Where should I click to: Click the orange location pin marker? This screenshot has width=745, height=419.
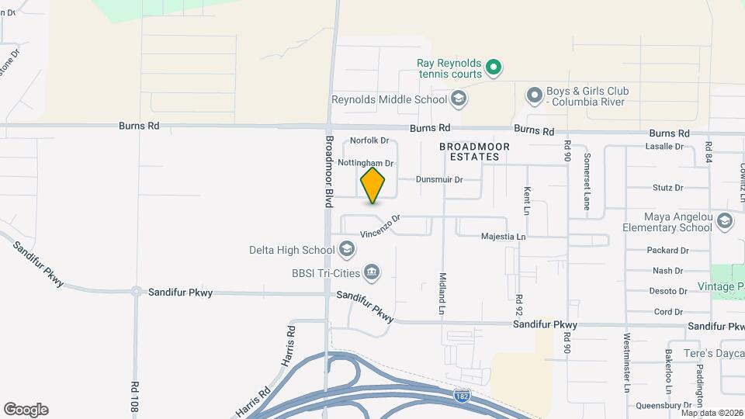click(372, 185)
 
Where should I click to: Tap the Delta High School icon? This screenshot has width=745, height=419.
click(347, 250)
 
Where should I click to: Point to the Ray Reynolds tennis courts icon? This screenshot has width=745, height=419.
click(493, 68)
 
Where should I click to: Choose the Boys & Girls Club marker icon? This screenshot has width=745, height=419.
click(534, 96)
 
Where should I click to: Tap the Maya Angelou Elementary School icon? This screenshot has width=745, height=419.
click(725, 221)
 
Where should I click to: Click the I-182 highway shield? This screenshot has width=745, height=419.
click(460, 396)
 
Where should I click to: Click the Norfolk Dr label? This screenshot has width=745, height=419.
click(369, 140)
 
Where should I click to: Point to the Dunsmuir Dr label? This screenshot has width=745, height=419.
click(438, 179)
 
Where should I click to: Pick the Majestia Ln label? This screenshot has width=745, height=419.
click(503, 236)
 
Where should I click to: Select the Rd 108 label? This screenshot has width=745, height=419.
click(135, 395)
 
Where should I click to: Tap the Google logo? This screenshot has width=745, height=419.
click(26, 409)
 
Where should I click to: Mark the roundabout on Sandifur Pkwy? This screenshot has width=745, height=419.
click(137, 292)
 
